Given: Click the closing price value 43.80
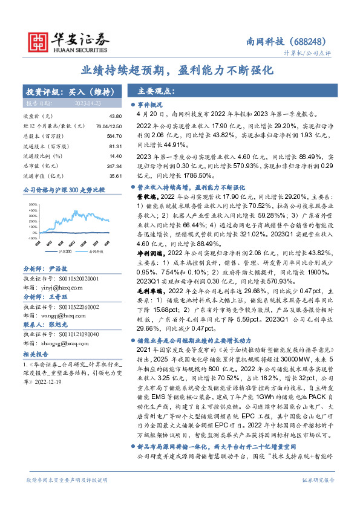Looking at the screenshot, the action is tap(114, 115).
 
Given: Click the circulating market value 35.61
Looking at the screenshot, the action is tap(114, 176).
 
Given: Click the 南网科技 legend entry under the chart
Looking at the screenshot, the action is tap(96, 249).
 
